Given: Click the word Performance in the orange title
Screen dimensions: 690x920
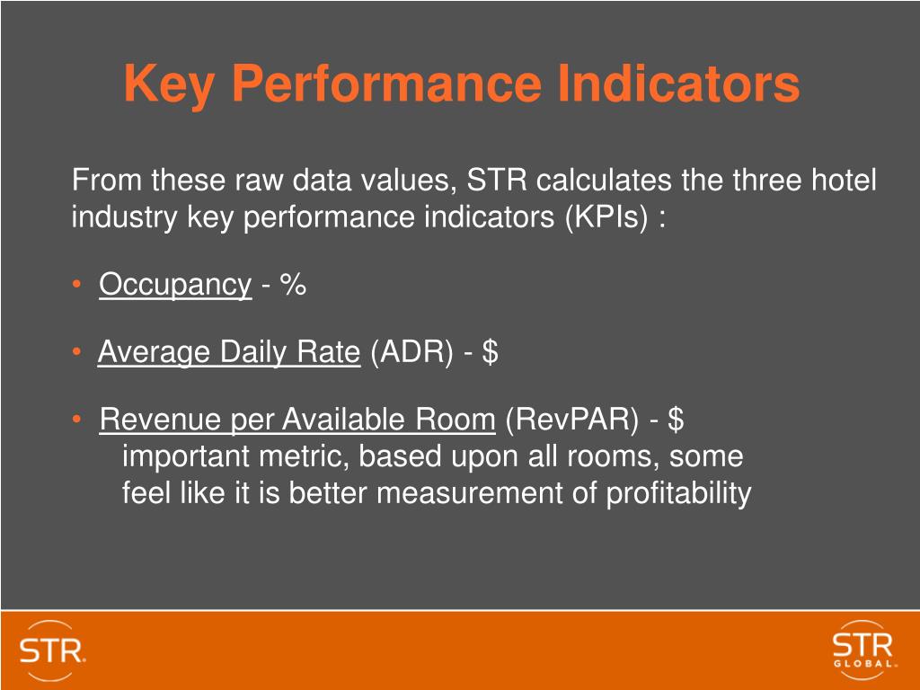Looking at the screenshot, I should [x=387, y=84].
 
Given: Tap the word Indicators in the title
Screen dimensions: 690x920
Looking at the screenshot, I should [x=678, y=84].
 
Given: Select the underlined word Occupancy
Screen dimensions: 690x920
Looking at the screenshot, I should [x=175, y=285].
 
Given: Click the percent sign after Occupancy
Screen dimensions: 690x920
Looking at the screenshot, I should [x=293, y=285].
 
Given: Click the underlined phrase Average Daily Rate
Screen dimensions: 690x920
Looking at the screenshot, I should [x=228, y=352].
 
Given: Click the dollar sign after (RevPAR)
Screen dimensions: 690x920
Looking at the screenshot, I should [x=677, y=419].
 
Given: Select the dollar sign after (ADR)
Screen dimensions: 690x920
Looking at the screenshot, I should [x=491, y=352].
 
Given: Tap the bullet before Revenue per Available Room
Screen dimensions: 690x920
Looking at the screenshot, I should [x=79, y=420].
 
